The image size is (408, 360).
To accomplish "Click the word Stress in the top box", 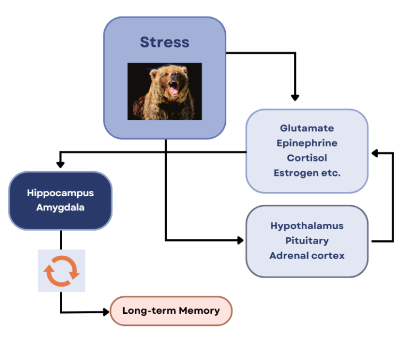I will (x=164, y=42).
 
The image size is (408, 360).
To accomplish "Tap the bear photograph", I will (x=165, y=91).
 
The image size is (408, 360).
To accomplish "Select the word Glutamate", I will (x=307, y=128).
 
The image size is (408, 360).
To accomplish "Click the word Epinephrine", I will (x=307, y=143).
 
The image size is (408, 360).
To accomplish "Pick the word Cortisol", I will (x=307, y=158).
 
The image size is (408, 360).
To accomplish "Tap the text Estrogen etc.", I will (x=307, y=173).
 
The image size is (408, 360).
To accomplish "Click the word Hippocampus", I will (x=60, y=192).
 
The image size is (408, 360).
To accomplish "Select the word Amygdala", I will (x=60, y=207).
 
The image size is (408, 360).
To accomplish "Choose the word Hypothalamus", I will (x=307, y=225).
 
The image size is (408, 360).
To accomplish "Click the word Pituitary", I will (x=307, y=240).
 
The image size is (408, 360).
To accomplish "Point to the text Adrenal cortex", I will (x=307, y=255).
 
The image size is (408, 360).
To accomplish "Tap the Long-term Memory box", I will (x=171, y=311).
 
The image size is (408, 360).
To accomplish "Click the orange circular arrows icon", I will (x=61, y=271).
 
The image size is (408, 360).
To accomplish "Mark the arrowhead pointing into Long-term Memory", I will (x=106, y=312).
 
